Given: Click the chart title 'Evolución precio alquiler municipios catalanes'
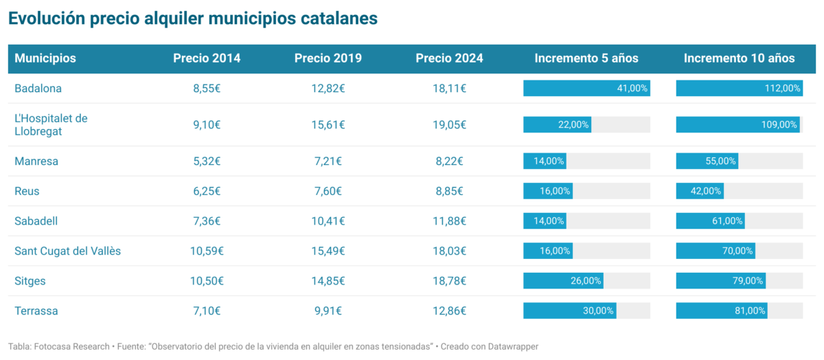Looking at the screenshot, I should point(193,19).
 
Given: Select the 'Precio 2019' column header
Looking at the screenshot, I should point(328,58).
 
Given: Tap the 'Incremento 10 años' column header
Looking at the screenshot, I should point(739,58).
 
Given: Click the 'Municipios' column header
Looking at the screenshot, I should point(45,58).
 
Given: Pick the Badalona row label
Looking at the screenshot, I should point(38,88).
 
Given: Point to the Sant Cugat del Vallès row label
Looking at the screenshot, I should point(67,251).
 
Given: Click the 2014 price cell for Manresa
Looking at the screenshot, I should point(207,161).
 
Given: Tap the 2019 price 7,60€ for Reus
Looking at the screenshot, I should point(328,191).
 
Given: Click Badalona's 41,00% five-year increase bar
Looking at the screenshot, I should point(586,88).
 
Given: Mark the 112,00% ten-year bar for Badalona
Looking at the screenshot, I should point(739,88).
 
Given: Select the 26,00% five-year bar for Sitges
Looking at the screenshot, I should point(563,281).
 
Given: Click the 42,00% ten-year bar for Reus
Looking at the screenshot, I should point(699,191).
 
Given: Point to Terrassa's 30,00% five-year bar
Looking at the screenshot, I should point(569,311).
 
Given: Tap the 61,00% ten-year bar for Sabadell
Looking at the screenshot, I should point(710,221).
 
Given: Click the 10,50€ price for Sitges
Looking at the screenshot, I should point(207,281).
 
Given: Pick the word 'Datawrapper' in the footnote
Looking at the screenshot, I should point(512,346).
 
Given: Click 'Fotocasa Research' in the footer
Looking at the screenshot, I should point(71,346).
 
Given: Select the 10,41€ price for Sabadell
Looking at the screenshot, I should point(328,221).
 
